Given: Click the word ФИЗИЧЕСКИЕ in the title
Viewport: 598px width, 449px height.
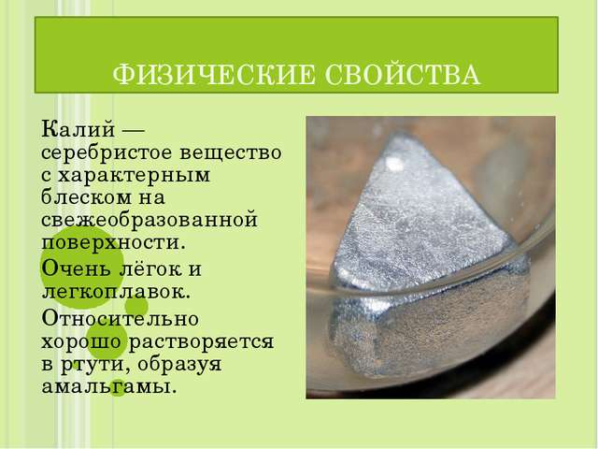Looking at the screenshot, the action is [x=214, y=74].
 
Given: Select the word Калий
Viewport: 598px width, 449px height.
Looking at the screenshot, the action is [x=78, y=129].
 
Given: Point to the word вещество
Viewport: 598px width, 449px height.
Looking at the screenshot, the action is [x=231, y=153].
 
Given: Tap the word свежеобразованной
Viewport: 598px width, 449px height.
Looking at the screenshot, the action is [x=149, y=221].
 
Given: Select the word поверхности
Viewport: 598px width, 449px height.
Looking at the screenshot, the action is [x=113, y=244].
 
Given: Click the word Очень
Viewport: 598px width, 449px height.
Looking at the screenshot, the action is [x=76, y=268].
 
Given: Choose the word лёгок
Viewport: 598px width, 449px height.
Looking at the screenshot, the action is [x=149, y=268].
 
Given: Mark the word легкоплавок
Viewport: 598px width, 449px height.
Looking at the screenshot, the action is [x=115, y=293].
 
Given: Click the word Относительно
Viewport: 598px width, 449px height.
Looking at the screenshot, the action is [x=120, y=318].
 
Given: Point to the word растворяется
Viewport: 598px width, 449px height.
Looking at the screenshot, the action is [x=201, y=341].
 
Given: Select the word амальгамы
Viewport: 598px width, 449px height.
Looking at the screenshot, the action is [x=108, y=387].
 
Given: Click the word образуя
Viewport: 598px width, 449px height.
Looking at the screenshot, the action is [x=179, y=364].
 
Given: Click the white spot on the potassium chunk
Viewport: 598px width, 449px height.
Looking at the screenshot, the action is [x=394, y=164].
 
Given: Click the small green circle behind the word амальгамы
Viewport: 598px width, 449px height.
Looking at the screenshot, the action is [x=118, y=386].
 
